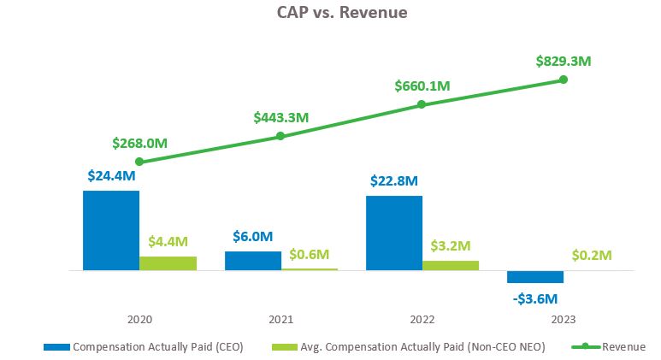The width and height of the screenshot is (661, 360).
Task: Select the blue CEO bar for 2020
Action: (111, 230)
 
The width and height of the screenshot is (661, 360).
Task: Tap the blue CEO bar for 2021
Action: (253, 260)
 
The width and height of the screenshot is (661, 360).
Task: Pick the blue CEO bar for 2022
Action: (394, 233)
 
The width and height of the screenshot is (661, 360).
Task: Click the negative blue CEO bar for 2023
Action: (535, 276)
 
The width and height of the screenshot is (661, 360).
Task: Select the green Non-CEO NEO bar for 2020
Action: (168, 263)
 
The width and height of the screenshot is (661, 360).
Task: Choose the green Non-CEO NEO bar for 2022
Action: (451, 265)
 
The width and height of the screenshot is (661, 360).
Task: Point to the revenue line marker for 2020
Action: (139, 162)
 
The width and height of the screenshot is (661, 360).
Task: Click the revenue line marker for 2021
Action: (280, 136)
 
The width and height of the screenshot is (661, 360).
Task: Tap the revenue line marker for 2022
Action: (422, 105)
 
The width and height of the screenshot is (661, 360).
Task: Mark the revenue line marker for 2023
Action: (564, 80)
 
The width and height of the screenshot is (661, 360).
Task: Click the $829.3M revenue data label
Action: (564, 61)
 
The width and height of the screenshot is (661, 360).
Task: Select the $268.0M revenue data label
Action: (139, 143)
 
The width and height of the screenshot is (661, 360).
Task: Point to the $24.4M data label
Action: (111, 176)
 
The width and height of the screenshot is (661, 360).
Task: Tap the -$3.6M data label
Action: (535, 298)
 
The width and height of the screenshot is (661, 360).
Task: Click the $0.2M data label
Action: (592, 255)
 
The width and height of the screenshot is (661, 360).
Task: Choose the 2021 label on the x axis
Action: (280, 319)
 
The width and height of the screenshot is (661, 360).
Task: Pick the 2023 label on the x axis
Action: (564, 319)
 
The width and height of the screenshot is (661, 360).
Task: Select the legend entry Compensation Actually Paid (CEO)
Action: (157, 346)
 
